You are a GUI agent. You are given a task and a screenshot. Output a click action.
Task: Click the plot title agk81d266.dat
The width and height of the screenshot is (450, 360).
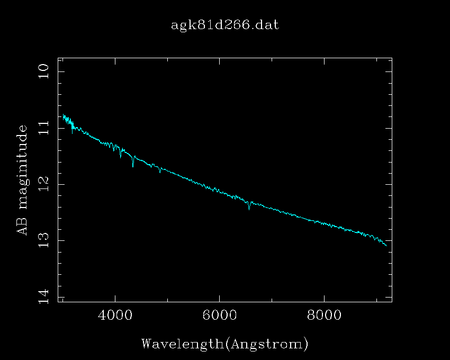point(224,25)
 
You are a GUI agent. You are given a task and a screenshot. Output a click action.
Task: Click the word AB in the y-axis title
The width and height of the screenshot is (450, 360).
point(22,225)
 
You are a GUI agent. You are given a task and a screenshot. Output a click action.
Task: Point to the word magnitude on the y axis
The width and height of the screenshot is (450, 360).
point(22,169)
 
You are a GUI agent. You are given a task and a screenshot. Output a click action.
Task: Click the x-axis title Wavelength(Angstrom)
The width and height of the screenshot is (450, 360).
point(224,344)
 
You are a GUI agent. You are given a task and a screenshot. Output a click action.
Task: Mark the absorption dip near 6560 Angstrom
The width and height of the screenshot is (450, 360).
point(249,209)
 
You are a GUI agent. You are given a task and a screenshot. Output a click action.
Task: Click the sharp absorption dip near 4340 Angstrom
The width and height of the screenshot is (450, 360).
point(133,166)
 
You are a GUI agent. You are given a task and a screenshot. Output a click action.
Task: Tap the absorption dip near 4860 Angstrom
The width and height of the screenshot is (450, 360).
point(160,173)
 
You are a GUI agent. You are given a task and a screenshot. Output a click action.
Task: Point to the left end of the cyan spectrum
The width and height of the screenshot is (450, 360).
point(63,115)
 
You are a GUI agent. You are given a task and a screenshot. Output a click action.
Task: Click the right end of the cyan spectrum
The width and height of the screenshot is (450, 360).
point(387,246)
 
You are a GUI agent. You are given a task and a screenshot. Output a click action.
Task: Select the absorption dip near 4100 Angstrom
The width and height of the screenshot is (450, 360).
point(121,157)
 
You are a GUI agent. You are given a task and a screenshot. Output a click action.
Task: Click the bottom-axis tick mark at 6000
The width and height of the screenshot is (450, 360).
point(219,300)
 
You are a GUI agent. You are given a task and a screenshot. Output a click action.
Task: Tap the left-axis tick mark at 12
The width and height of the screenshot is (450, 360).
point(60,184)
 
